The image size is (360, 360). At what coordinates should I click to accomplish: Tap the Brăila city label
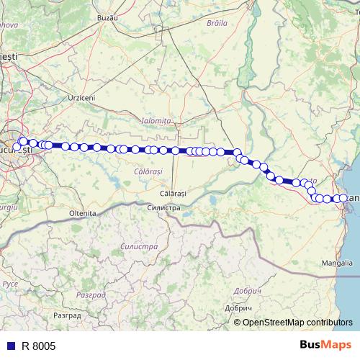215,23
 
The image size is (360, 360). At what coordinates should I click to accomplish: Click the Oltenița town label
82,214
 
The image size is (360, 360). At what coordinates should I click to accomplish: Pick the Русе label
10,284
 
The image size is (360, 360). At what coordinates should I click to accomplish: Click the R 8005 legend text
38,346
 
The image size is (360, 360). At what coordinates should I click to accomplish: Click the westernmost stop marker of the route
17,148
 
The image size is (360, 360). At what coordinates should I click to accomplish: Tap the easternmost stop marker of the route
344,198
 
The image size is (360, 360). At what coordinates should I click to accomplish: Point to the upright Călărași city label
173,194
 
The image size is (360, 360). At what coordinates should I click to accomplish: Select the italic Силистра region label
141,246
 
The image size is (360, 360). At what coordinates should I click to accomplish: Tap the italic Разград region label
92,295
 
